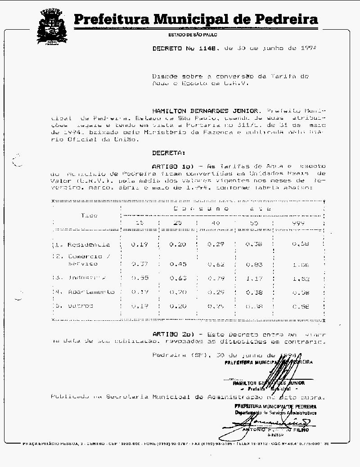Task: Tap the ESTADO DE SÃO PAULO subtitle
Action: pyautogui.click(x=193, y=35)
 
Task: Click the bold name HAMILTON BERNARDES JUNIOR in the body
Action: pyautogui.click(x=206, y=110)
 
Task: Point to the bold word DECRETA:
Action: pyautogui.click(x=169, y=153)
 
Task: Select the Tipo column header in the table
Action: pyautogui.click(x=89, y=216)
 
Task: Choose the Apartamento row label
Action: pyautogui.click(x=90, y=292)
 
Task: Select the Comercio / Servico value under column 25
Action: pyautogui.click(x=178, y=264)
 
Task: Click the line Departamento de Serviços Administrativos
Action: pyautogui.click(x=275, y=412)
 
